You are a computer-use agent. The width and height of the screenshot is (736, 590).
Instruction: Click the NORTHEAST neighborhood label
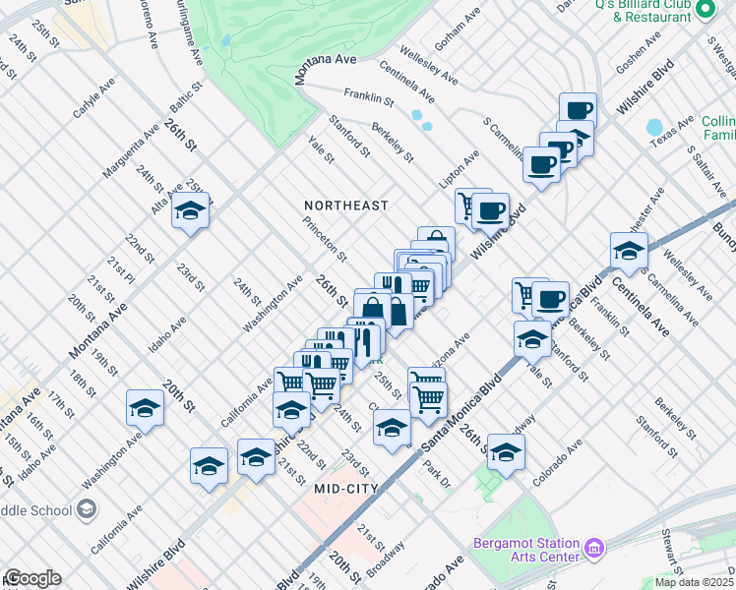(x=345, y=206)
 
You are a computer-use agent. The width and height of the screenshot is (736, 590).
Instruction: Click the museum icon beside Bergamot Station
(x=594, y=547)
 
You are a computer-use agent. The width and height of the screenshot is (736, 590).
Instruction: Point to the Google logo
(x=32, y=578)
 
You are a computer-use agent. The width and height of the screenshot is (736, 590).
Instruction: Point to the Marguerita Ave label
(x=131, y=156)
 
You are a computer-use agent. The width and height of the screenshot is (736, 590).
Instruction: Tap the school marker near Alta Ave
(x=190, y=211)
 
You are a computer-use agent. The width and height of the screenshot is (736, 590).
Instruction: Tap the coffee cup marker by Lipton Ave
(x=490, y=209)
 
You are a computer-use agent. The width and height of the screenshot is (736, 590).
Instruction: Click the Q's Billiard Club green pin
(x=705, y=10)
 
